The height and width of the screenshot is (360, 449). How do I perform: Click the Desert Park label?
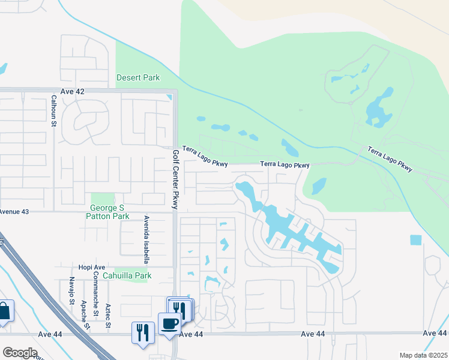(138, 78)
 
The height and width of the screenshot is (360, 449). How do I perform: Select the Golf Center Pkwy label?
(176, 179)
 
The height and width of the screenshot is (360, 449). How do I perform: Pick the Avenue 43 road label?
(14, 212)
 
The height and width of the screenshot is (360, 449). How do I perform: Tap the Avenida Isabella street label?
(146, 239)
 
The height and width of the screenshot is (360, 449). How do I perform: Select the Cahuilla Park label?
(127, 275)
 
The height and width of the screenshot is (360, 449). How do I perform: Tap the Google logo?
(19, 353)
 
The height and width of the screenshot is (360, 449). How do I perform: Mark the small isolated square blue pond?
(416, 240)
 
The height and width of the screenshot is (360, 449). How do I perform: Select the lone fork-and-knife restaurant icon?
(142, 331)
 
